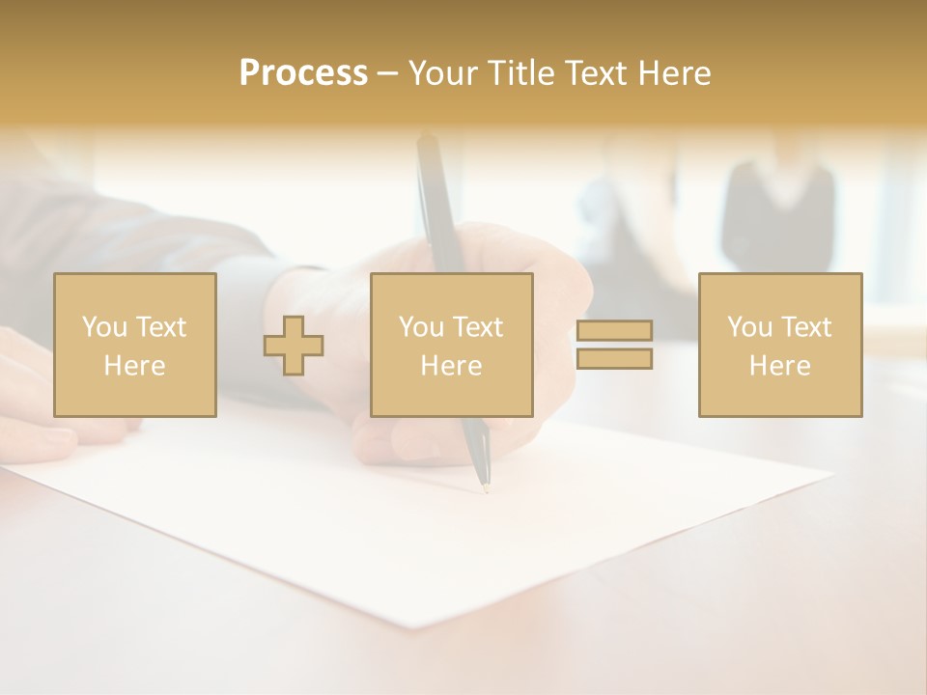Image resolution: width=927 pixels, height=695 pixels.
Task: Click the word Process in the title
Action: (x=303, y=73)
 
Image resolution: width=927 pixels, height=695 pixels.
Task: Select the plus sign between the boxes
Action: (x=294, y=346)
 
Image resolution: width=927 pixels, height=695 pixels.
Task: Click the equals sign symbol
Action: (x=614, y=345)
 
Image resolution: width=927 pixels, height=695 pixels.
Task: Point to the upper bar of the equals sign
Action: (x=614, y=331)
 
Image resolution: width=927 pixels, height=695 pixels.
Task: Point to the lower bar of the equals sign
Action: (x=614, y=359)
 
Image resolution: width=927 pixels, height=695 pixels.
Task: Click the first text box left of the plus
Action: (x=135, y=345)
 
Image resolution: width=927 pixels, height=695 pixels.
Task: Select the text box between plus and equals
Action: (x=451, y=345)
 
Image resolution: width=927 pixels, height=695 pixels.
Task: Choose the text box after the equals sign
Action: (x=780, y=345)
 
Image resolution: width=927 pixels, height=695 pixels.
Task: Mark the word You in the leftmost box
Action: (x=103, y=327)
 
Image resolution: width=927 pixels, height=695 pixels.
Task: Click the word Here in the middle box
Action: (x=451, y=366)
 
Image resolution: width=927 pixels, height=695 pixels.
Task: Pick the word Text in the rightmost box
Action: (x=806, y=327)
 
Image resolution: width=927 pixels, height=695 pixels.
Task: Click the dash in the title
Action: (x=387, y=74)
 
